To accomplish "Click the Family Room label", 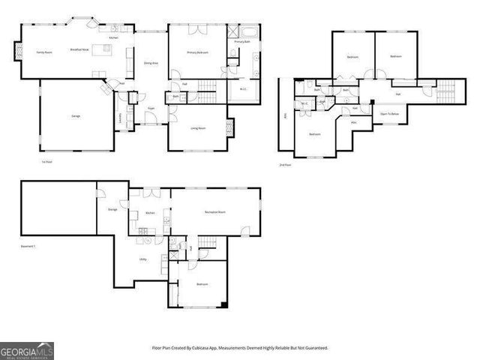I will [43, 52].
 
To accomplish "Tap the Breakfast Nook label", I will [80, 49].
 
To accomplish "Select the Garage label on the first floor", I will [76, 116].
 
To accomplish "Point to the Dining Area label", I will [150, 64].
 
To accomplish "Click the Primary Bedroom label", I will [197, 52].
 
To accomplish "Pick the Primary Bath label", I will [241, 42].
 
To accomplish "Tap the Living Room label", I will [198, 128].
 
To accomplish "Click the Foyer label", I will [151, 109].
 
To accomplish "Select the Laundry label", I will [121, 116].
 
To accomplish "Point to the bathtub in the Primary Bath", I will [248, 31].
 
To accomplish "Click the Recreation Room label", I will [215, 212].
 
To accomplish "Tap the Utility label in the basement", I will [142, 259].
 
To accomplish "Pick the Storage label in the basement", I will [112, 209].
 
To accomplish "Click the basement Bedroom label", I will [202, 285].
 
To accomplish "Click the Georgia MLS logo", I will [26, 350].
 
